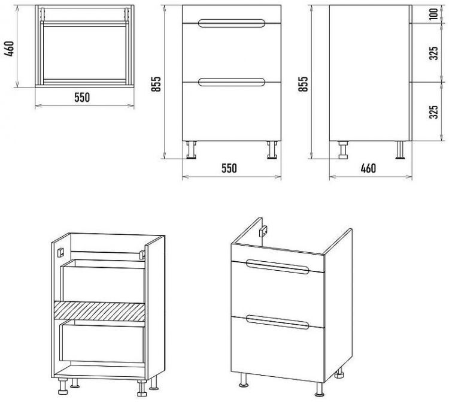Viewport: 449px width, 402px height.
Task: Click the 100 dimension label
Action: (x=434, y=14)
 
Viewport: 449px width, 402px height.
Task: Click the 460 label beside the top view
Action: (x=10, y=49)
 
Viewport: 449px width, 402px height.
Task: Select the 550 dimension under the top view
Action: (x=82, y=98)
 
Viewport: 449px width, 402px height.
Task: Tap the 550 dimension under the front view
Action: (x=229, y=168)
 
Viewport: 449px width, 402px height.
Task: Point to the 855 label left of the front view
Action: (x=157, y=84)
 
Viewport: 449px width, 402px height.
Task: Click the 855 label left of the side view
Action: (x=304, y=84)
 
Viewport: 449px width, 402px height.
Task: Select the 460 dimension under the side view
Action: (x=368, y=168)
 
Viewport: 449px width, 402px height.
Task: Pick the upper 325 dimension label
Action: (x=434, y=53)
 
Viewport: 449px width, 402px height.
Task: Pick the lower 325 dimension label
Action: (x=434, y=112)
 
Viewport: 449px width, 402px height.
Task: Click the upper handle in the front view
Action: (x=231, y=23)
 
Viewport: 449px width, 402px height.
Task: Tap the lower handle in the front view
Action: (x=231, y=82)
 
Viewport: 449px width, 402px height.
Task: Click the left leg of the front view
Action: (x=192, y=150)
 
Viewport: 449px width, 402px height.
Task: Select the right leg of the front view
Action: (x=272, y=150)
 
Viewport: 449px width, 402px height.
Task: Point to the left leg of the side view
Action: (x=343, y=150)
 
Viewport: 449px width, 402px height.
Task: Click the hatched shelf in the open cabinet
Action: (x=99, y=311)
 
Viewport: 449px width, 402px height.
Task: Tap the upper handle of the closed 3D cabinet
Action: (x=277, y=267)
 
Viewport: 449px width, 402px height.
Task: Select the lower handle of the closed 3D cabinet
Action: (x=277, y=322)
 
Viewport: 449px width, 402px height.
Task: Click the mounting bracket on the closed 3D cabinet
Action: (x=263, y=231)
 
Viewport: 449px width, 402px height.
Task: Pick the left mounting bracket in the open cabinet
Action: (x=60, y=253)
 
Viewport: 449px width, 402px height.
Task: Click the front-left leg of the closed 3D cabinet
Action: (x=244, y=380)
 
